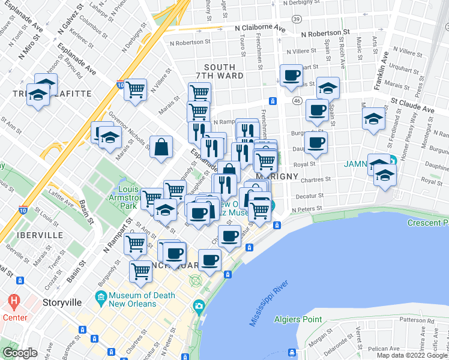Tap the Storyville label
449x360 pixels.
coord(62,302)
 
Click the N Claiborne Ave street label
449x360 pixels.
coord(260,28)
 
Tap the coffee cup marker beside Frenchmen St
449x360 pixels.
coord(292,76)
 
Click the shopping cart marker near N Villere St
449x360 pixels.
coord(136,89)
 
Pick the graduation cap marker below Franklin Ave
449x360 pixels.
coord(373,118)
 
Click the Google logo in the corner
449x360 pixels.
coord(20,353)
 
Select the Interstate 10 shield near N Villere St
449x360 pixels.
coord(120,86)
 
